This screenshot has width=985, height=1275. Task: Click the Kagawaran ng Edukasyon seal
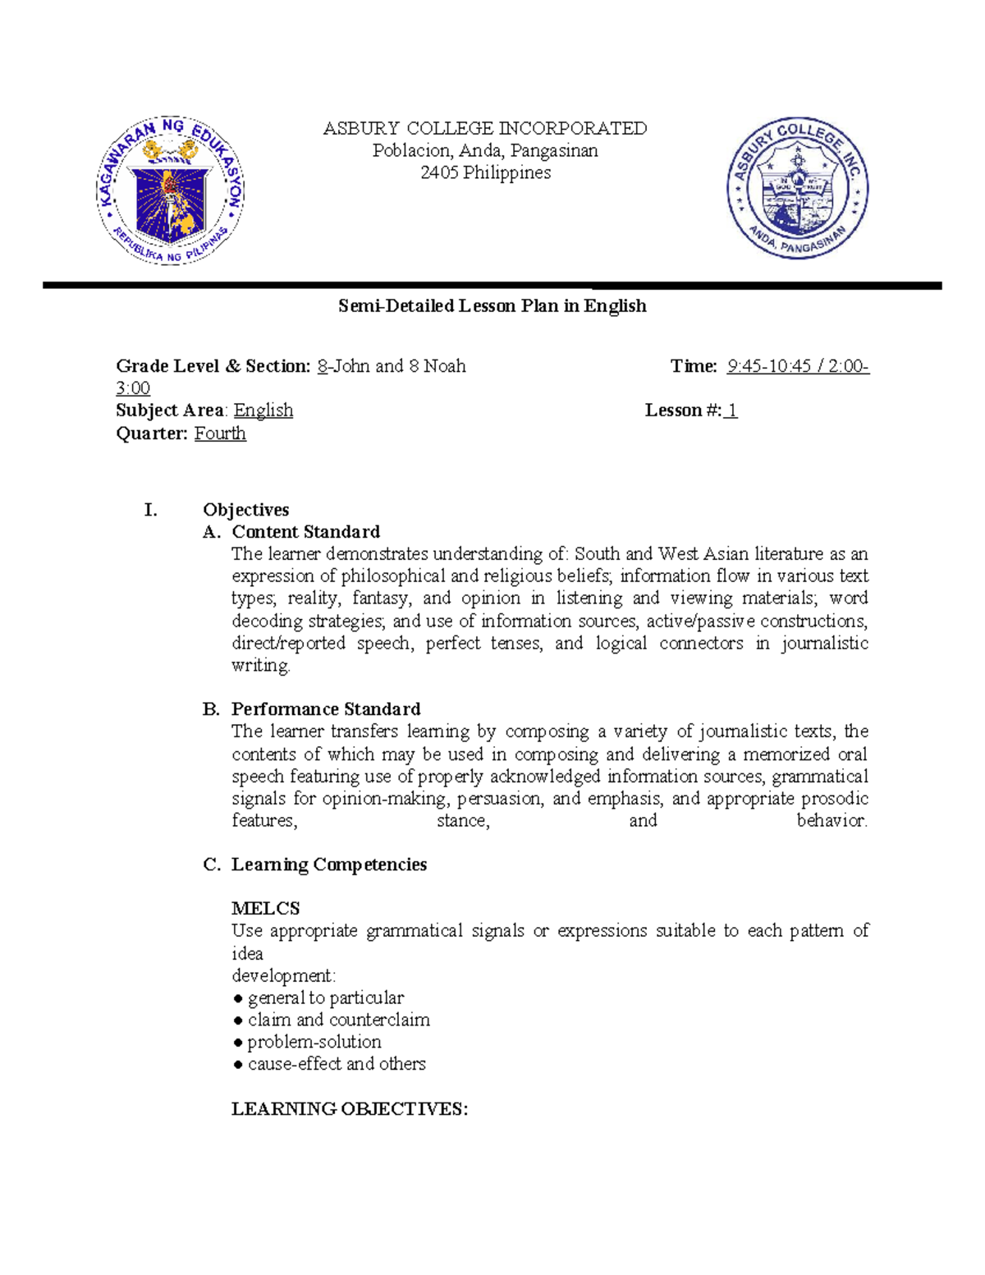point(171,190)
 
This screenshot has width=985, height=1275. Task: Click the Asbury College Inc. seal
point(797,189)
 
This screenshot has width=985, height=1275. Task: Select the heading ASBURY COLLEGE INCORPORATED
point(485,129)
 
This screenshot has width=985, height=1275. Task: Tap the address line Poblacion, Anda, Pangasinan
point(485,151)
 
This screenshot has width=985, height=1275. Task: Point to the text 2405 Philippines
point(485,173)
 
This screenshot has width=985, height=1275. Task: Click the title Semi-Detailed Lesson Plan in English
point(492,306)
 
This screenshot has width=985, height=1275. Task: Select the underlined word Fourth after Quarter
point(220,433)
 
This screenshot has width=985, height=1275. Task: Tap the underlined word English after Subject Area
point(263,410)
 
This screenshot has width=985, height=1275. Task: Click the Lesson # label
point(683,410)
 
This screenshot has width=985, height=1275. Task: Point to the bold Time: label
point(694,366)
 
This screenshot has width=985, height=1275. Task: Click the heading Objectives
point(246,510)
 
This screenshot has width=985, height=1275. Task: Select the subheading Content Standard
point(305,532)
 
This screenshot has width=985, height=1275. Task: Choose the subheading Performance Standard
point(326,709)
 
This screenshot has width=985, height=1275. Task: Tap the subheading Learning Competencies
point(329,865)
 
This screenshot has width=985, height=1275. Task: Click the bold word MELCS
point(265,909)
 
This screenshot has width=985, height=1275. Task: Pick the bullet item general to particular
point(325,998)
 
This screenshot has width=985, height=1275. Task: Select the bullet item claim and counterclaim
point(338,1020)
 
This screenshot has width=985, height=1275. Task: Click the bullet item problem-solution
point(314,1042)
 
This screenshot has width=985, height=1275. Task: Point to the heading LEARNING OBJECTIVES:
point(350,1109)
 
